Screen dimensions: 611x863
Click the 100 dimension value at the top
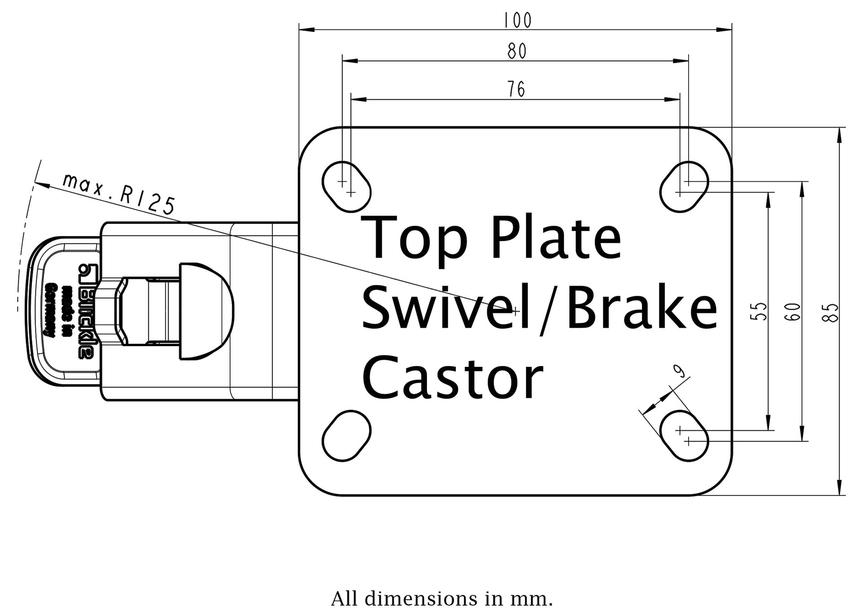click(517, 20)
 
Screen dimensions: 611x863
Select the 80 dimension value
click(517, 52)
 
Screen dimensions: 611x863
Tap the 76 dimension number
click(516, 89)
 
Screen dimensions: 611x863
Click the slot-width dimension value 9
click(679, 371)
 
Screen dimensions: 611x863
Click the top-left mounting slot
click(347, 187)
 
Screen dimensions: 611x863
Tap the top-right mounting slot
click(684, 187)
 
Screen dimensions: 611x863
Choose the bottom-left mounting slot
click(347, 436)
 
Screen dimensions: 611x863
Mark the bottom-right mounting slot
click(684, 436)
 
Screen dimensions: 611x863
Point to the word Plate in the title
click(556, 238)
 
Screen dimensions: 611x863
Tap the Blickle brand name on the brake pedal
click(85, 310)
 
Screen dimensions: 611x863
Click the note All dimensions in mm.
click(442, 599)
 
